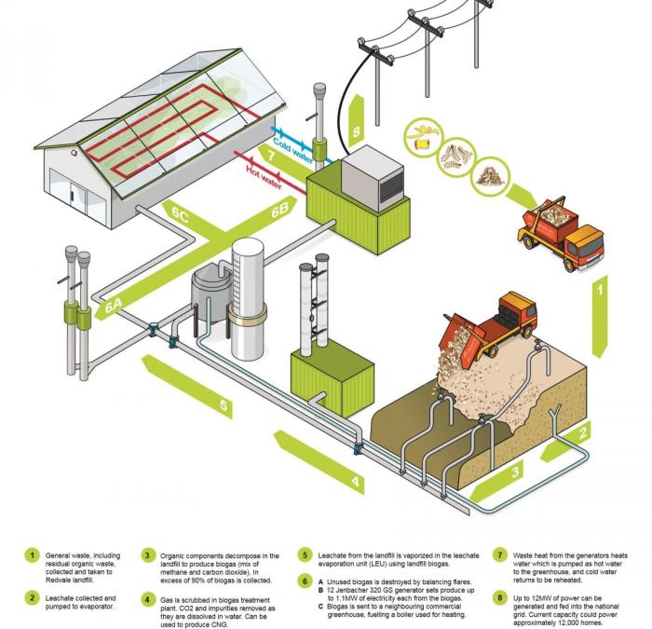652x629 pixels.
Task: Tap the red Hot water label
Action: tap(265, 171)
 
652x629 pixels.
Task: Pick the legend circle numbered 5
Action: tap(305, 556)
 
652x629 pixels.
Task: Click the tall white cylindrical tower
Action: tap(249, 280)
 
